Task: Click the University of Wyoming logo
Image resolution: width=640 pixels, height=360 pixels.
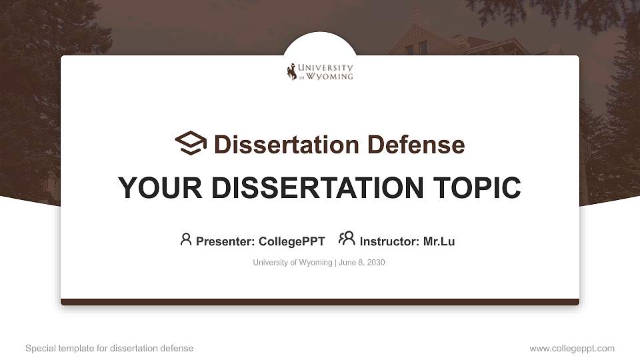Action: pyautogui.click(x=320, y=71)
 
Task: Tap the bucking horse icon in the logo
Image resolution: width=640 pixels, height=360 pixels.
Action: pyautogui.click(x=291, y=72)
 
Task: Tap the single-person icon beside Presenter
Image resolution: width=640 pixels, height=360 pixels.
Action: pyautogui.click(x=186, y=239)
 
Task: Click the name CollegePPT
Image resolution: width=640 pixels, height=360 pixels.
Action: pyautogui.click(x=291, y=241)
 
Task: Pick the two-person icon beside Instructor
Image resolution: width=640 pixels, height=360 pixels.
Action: pyautogui.click(x=347, y=239)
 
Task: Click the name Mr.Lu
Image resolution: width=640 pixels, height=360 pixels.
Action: pyautogui.click(x=439, y=241)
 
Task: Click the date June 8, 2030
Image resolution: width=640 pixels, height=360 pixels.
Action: pyautogui.click(x=362, y=263)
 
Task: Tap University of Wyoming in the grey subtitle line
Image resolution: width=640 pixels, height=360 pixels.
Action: pyautogui.click(x=292, y=263)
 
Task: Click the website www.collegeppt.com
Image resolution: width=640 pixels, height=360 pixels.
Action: pyautogui.click(x=572, y=348)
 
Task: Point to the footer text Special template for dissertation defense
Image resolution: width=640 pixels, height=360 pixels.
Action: pyautogui.click(x=109, y=348)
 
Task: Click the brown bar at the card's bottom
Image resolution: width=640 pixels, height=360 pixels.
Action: pyautogui.click(x=320, y=302)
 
